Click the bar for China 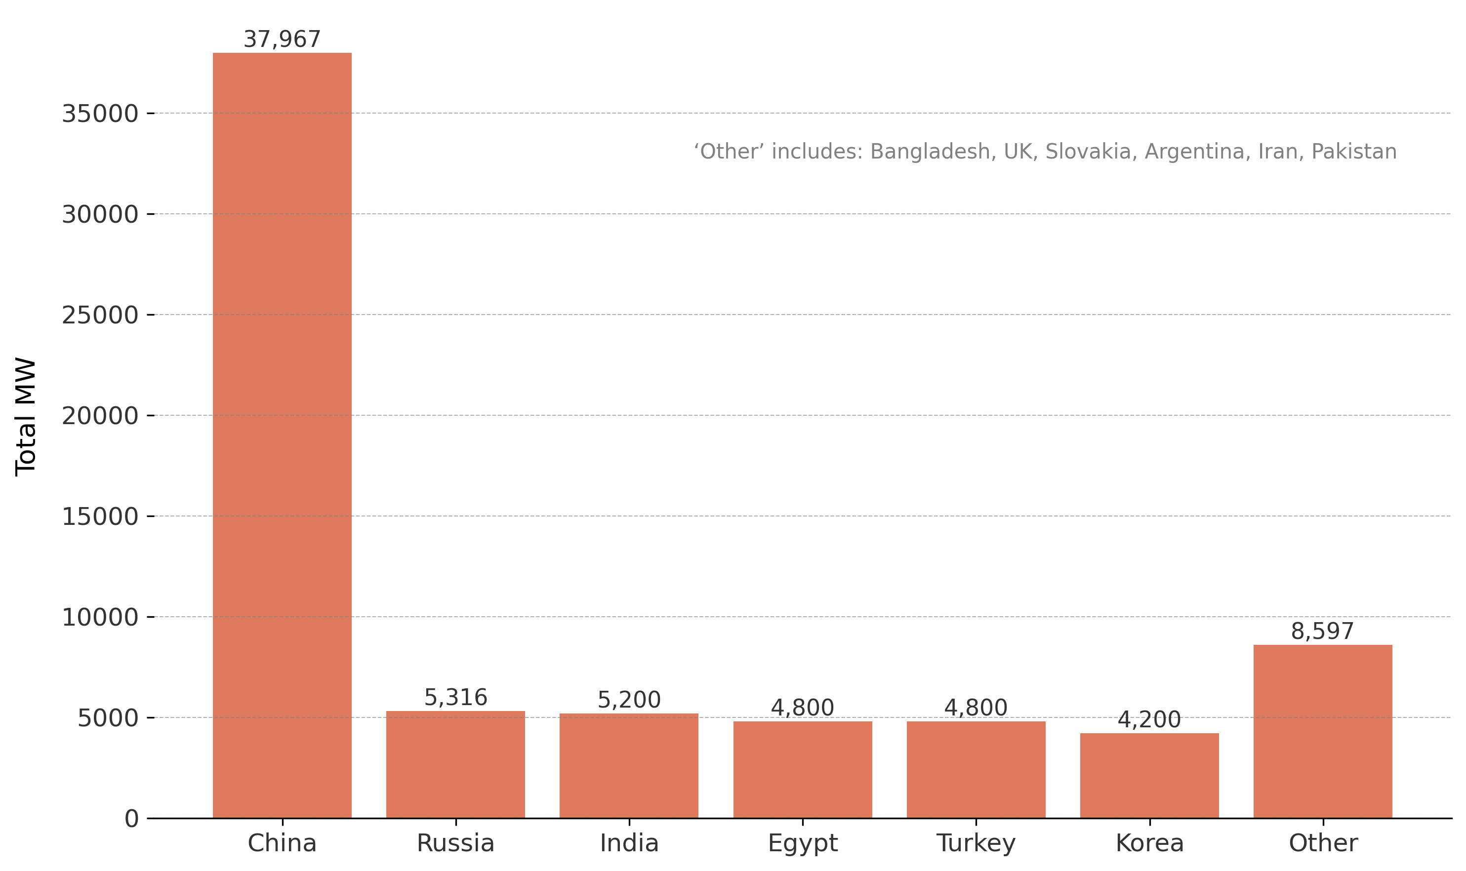pyautogui.click(x=282, y=435)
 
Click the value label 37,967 pyautogui.click(x=282, y=40)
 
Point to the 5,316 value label pyautogui.click(x=455, y=697)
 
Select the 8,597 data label pyautogui.click(x=1322, y=631)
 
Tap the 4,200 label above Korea pyautogui.click(x=1149, y=719)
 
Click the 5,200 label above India pyautogui.click(x=629, y=700)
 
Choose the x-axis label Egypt pyautogui.click(x=803, y=843)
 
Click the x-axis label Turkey pyautogui.click(x=976, y=843)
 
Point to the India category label pyautogui.click(x=629, y=843)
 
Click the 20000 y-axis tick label pyautogui.click(x=100, y=416)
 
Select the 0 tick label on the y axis pyautogui.click(x=131, y=818)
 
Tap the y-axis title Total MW pyautogui.click(x=26, y=417)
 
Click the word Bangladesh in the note pyautogui.click(x=930, y=152)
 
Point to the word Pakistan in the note pyautogui.click(x=1354, y=152)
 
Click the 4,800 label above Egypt pyautogui.click(x=802, y=708)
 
